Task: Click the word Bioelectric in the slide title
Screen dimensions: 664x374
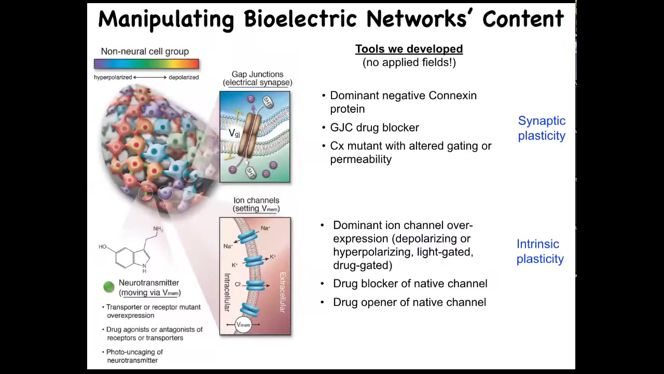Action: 300,19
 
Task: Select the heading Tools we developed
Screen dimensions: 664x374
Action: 409,49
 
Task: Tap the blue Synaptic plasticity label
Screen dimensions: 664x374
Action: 542,128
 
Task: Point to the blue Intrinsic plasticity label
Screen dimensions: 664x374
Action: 540,251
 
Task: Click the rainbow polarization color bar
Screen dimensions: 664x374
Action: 146,64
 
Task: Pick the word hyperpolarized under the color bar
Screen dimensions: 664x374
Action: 113,77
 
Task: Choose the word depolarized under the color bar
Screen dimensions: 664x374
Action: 184,77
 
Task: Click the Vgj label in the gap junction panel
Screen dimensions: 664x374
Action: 234,133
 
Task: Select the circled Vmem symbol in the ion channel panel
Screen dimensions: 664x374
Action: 243,325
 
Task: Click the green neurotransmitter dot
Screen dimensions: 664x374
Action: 109,287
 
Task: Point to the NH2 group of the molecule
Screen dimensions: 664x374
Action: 158,229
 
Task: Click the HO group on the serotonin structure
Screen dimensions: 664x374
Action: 103,247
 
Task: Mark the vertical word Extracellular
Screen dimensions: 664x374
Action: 283,292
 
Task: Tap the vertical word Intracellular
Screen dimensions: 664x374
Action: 227,292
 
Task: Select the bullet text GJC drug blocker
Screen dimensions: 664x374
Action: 375,128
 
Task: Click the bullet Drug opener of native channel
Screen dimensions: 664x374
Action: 409,302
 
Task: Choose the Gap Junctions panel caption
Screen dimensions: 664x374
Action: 258,78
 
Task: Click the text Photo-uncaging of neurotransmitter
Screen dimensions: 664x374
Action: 135,356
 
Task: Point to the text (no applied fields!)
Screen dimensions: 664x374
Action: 409,62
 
